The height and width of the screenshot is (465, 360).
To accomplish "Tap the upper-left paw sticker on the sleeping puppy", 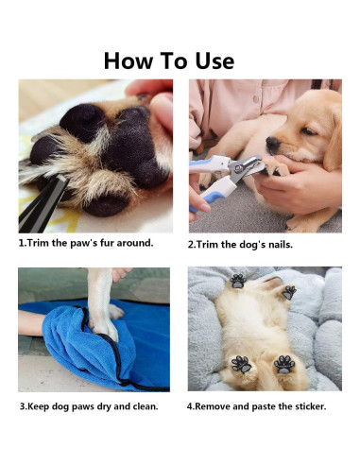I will pos(237,281).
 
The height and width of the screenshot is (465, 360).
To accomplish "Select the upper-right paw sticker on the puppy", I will pos(288,292).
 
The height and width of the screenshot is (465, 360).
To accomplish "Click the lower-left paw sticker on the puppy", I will pos(241,364).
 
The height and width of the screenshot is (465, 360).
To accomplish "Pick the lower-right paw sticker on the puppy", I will pos(283,363).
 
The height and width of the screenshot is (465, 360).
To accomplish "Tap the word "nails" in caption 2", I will pos(275,244).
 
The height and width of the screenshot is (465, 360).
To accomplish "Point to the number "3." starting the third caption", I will pos(23,406).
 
